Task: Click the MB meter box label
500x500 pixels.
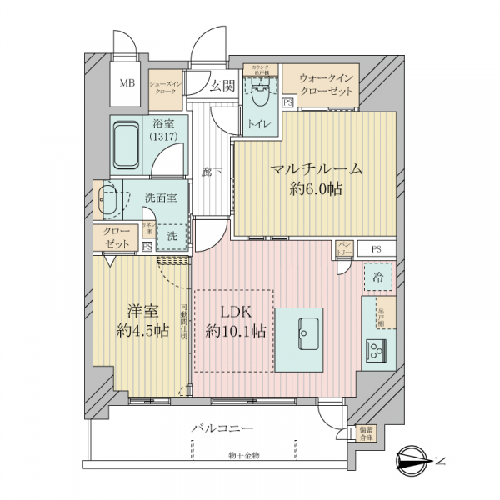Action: click(x=127, y=83)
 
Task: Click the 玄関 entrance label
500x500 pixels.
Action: click(x=222, y=85)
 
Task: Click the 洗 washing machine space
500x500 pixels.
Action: click(x=172, y=236)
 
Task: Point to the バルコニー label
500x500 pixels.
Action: click(x=222, y=428)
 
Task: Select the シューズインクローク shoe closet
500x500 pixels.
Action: click(x=165, y=89)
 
